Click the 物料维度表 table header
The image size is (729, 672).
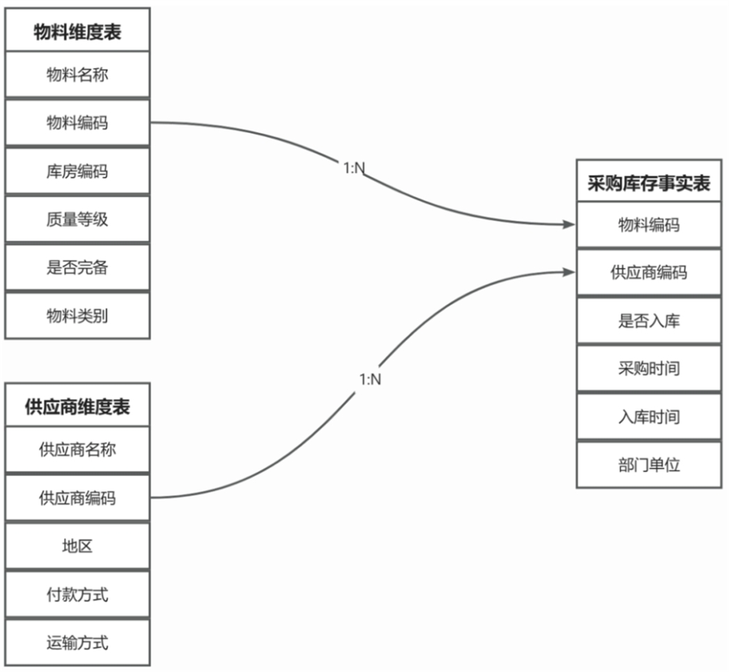[x=78, y=30]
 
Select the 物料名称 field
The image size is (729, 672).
[x=78, y=75]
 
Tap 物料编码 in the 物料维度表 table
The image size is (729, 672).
[x=78, y=123]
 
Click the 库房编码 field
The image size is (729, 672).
[x=78, y=172]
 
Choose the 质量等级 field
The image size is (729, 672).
[x=78, y=219]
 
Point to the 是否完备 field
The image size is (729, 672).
[x=78, y=268]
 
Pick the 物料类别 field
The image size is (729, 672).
[x=78, y=316]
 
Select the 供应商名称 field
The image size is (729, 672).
[x=78, y=449]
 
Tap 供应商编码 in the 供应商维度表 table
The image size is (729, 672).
[x=78, y=498]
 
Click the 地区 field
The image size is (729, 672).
[x=78, y=547]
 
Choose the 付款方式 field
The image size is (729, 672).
[x=78, y=595]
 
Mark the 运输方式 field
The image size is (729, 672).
[x=78, y=644]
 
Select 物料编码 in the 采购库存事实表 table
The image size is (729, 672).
[x=649, y=224]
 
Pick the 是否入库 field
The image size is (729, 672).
[x=649, y=321]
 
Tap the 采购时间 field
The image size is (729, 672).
[x=649, y=369]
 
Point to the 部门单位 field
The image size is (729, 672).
[x=649, y=466]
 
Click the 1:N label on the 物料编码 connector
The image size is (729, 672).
[x=354, y=168]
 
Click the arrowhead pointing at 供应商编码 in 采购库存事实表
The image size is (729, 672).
[x=569, y=272]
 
